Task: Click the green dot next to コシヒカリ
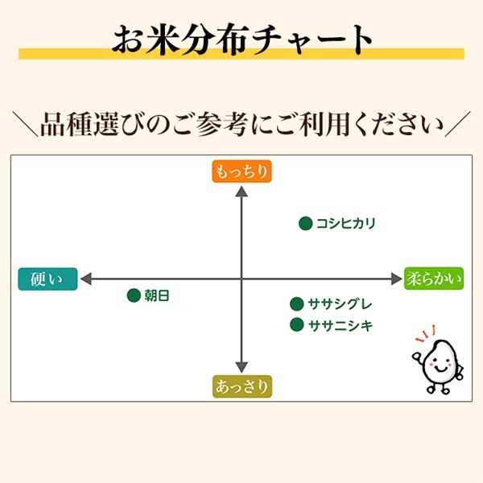306,223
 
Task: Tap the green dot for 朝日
134,295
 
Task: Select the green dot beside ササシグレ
297,304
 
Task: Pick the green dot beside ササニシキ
297,324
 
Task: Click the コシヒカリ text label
346,223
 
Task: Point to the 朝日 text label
157,295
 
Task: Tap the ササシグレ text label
340,304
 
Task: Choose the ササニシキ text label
341,325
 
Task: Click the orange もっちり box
242,171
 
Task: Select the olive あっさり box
242,386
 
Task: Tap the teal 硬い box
47,279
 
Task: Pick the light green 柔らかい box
434,279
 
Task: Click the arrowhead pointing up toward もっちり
242,192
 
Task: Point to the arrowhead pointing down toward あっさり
242,367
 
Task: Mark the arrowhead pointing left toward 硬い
86,279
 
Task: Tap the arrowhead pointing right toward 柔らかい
396,279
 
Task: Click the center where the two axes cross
242,279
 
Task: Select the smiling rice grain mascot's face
440,364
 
